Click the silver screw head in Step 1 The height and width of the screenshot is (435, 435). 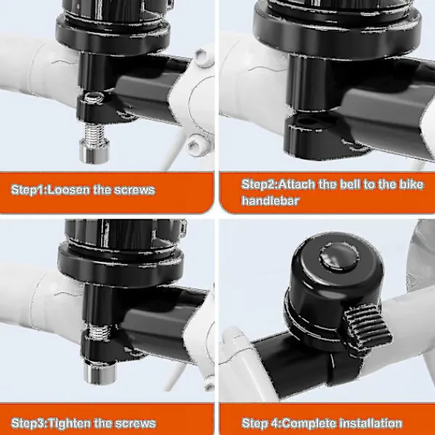[x=94, y=152]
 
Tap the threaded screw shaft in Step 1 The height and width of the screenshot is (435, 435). [x=94, y=132]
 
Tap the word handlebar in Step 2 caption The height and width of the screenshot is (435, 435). [x=270, y=201]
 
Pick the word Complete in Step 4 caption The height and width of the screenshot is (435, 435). [x=310, y=423]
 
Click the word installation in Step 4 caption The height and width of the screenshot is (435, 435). [x=371, y=423]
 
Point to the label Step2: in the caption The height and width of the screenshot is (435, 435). [x=259, y=184]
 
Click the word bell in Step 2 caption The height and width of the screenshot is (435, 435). [x=350, y=184]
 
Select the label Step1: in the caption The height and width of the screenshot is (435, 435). [x=30, y=190]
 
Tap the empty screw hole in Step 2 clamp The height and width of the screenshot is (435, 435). [x=307, y=121]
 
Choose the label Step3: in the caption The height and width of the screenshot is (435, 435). [x=30, y=423]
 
